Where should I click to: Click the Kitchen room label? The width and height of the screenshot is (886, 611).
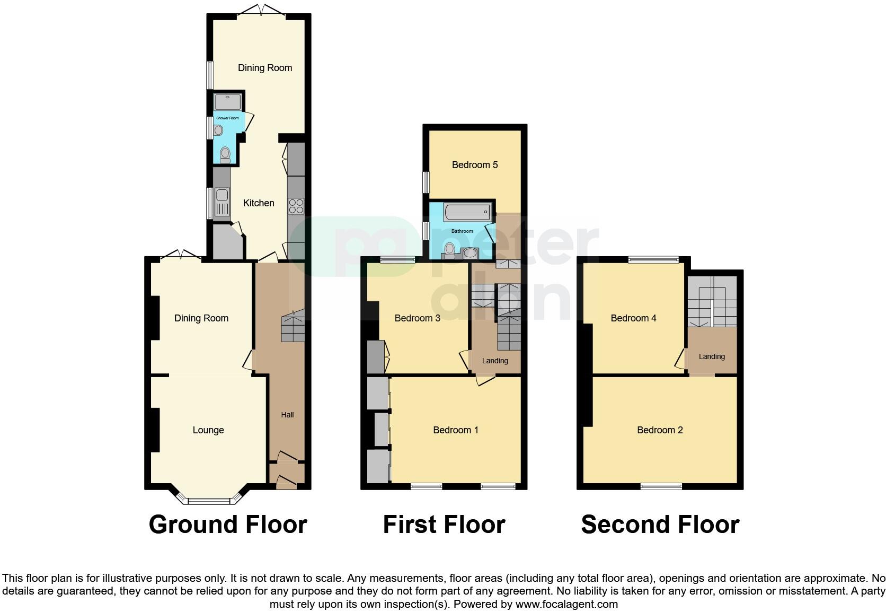(259, 203)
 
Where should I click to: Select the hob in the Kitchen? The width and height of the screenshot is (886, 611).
(296, 206)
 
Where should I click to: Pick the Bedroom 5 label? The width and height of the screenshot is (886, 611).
(475, 165)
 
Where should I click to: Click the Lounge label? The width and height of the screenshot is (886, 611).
(208, 430)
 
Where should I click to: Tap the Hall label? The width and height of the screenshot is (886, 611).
(287, 415)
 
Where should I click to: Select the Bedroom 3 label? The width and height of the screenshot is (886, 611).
(418, 318)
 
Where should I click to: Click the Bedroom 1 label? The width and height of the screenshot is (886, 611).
(456, 430)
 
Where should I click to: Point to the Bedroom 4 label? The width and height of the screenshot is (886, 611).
(633, 318)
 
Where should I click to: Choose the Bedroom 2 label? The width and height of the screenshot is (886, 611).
(660, 430)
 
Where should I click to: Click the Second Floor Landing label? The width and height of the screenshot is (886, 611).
(712, 356)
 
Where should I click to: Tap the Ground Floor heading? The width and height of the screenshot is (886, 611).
(228, 525)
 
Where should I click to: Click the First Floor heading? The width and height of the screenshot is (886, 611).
(444, 525)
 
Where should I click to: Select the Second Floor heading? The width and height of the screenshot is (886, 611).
(660, 525)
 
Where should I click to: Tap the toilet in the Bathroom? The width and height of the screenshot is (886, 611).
(450, 249)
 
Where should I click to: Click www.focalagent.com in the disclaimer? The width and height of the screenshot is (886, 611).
(566, 604)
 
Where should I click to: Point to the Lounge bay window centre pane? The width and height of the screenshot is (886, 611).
(208, 501)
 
